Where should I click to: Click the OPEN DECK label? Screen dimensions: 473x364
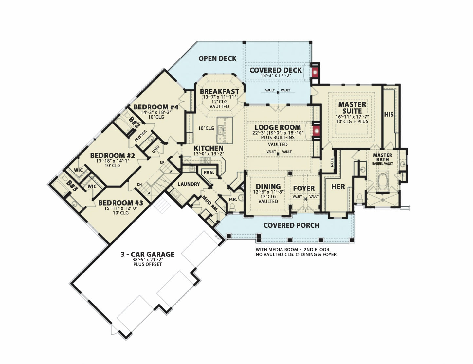pyautogui.click(x=217, y=58)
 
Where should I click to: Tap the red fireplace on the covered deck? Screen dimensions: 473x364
pyautogui.click(x=315, y=72)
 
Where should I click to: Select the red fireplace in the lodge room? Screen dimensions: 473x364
pyautogui.click(x=316, y=131)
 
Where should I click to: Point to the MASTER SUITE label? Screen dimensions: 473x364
pyautogui.click(x=352, y=108)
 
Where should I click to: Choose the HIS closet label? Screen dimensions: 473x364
pyautogui.click(x=389, y=114)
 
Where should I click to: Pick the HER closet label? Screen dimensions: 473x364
pyautogui.click(x=338, y=187)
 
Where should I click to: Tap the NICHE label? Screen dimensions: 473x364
pyautogui.click(x=332, y=162)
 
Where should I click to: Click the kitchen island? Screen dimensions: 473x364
pyautogui.click(x=225, y=130)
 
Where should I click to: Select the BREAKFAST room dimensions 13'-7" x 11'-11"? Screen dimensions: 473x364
pyautogui.click(x=219, y=97)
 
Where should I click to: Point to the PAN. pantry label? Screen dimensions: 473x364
pyautogui.click(x=209, y=173)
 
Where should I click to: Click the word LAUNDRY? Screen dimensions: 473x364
pyautogui.click(x=189, y=184)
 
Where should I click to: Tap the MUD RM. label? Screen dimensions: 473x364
pyautogui.click(x=211, y=204)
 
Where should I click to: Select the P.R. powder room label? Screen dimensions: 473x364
pyautogui.click(x=233, y=199)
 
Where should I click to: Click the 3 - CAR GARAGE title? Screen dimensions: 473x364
pyautogui.click(x=148, y=254)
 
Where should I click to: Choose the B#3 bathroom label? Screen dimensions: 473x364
pyautogui.click(x=72, y=186)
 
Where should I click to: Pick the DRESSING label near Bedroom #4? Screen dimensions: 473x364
pyautogui.click(x=141, y=136)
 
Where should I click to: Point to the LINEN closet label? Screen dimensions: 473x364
pyautogui.click(x=156, y=150)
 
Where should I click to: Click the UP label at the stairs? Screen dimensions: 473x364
pyautogui.click(x=162, y=162)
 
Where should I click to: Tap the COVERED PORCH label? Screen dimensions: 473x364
pyautogui.click(x=291, y=225)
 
